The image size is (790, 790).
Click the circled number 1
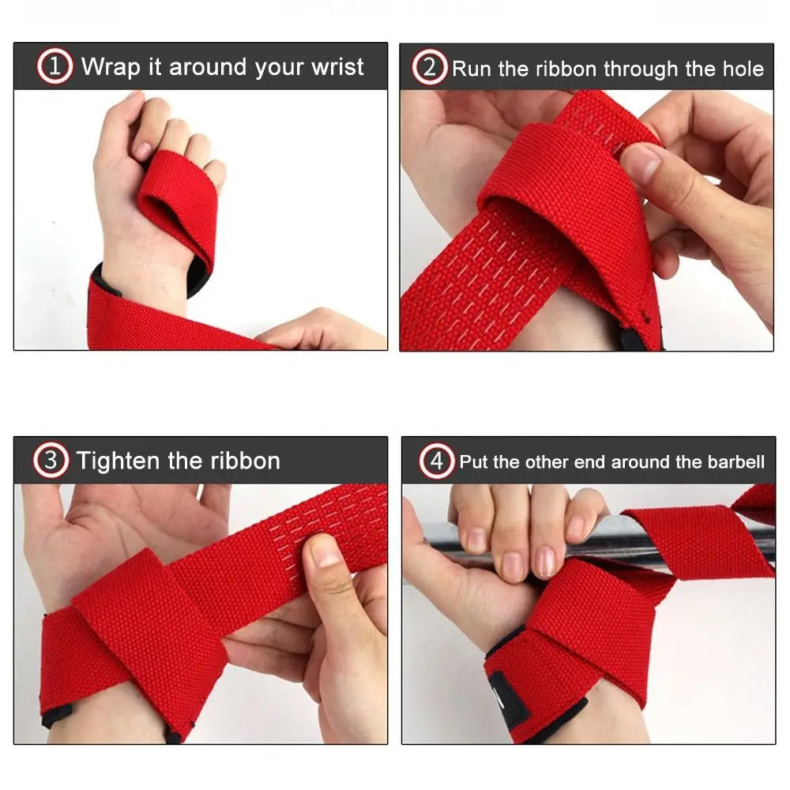(55, 66)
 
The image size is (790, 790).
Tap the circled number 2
(429, 67)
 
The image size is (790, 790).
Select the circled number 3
(51, 460)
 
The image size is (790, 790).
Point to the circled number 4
(436, 461)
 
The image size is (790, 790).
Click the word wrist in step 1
(337, 67)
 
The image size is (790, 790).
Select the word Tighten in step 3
(118, 462)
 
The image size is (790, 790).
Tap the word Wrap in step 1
(111, 68)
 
